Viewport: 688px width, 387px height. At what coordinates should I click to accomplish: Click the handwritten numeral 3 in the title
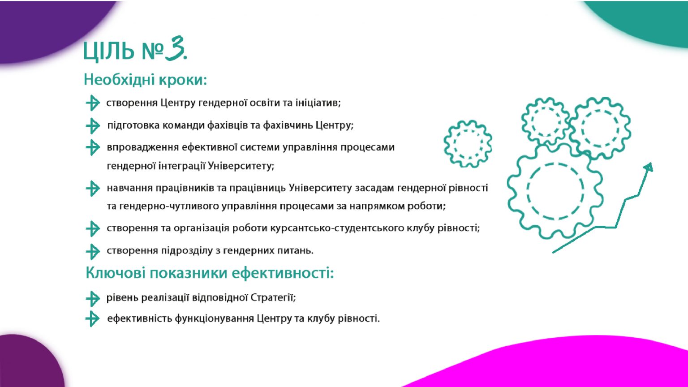(174, 48)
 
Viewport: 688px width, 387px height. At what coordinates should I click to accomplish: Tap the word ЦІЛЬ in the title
(109, 51)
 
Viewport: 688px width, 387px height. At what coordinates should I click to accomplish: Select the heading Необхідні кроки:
(145, 80)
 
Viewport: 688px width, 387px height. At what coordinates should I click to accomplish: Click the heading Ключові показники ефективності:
(210, 273)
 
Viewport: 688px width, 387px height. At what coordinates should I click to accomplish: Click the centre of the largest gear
(555, 191)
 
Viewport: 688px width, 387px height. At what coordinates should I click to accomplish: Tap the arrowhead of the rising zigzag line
(649, 167)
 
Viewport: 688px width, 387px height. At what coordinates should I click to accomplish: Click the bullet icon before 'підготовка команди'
(93, 126)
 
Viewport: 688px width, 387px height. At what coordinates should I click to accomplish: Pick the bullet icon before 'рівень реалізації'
(93, 299)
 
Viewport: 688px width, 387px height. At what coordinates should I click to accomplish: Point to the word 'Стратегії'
(273, 297)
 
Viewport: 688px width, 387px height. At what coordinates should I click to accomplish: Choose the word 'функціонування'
(214, 318)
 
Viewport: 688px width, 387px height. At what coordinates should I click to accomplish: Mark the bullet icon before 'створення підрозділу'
(93, 252)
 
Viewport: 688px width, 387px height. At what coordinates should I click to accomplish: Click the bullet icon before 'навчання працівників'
(93, 188)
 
